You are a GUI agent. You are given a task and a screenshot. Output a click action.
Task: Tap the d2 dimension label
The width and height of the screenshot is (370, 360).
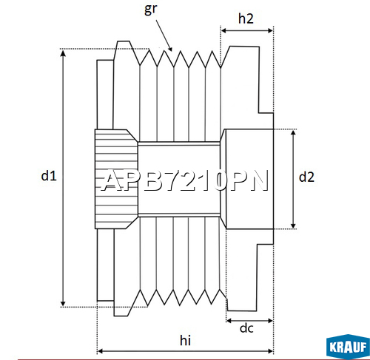[x=306, y=177]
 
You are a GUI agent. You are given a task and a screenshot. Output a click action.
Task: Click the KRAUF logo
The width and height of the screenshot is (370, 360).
[x=346, y=345]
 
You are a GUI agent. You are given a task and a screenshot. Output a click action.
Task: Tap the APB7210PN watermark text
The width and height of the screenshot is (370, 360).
[x=184, y=181]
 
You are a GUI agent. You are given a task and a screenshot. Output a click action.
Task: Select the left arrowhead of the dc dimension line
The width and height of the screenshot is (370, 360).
[x=229, y=321]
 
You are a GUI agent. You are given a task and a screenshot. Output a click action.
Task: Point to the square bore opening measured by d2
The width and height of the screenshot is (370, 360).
[x=248, y=178]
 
